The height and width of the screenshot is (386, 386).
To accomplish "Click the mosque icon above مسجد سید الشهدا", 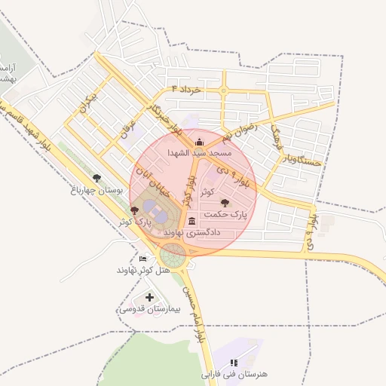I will click(199, 142).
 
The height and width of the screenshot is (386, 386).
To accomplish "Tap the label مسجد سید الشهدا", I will click(199, 152).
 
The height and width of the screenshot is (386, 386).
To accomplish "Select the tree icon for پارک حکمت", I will click(224, 202).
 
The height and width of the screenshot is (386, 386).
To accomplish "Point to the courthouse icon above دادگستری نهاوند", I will click(191, 222).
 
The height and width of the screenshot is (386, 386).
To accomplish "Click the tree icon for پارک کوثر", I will click(134, 210).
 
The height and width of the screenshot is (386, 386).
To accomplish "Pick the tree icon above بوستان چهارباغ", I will click(96, 178).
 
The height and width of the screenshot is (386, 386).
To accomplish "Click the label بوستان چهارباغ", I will click(96, 190).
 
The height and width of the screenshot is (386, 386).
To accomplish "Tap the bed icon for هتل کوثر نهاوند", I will click(143, 259).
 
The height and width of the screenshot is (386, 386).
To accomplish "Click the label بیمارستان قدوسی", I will click(149, 309).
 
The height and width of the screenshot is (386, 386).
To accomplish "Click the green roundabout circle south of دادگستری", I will click(173, 256).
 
